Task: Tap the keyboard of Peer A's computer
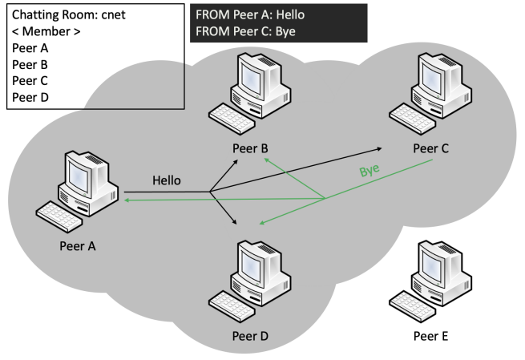pos(60,216)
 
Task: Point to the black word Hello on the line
pos(167,181)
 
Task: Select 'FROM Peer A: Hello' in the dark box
pos(249,15)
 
